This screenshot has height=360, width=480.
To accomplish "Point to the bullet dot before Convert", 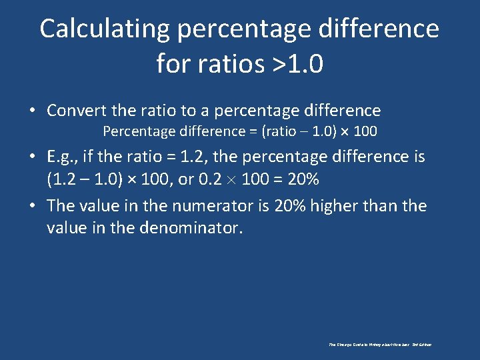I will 33,111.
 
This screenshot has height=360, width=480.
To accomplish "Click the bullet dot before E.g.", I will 33,157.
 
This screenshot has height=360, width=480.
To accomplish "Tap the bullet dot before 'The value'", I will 33,206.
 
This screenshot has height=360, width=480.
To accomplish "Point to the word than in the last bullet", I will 381,205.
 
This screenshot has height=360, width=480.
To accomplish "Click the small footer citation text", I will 380,345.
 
